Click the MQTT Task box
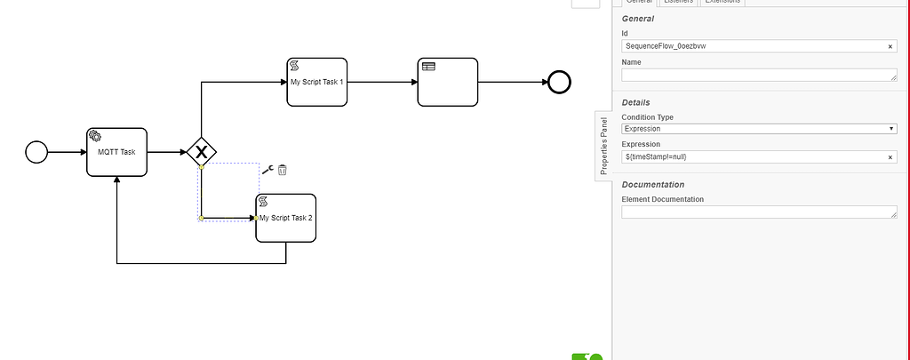(x=116, y=152)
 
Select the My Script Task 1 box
(x=316, y=82)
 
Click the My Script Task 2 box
(x=285, y=218)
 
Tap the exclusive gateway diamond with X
(x=203, y=152)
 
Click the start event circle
(x=36, y=152)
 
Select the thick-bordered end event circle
(x=559, y=82)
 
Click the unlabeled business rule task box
(x=448, y=82)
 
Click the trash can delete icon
(x=283, y=170)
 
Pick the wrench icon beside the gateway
(x=267, y=169)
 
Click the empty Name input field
(x=758, y=75)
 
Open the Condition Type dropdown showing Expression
(x=758, y=129)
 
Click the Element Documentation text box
(x=758, y=212)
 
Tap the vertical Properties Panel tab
(x=603, y=146)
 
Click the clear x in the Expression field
(x=890, y=156)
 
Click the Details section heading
(x=641, y=103)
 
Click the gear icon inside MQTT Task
(x=94, y=135)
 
